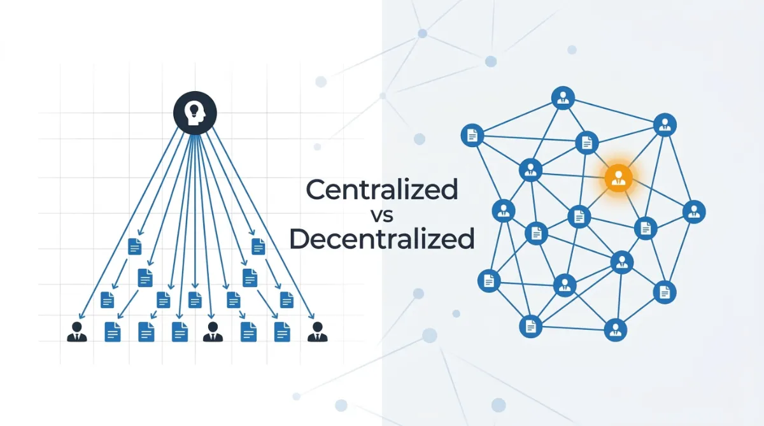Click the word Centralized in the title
coord(382,190)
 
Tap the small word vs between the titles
coord(383,215)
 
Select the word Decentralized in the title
coord(382,239)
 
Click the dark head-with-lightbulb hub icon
coord(195,113)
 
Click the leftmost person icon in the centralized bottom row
coord(77,332)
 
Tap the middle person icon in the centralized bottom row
coord(213,332)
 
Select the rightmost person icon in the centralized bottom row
coord(317,332)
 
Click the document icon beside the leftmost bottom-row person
coord(112,332)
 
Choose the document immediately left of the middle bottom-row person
coord(180,332)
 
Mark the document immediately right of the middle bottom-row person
coord(248,332)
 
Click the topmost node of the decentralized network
coord(563,98)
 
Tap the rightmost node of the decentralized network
coord(694,211)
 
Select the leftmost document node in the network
coord(472,135)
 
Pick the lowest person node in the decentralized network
coord(616,330)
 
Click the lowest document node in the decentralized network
coord(530,327)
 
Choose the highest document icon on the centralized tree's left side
coord(134,246)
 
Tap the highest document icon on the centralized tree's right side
coord(258,246)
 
